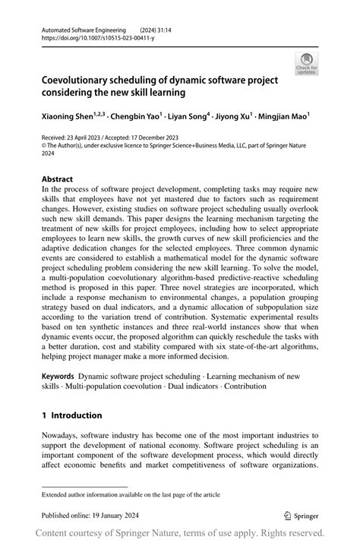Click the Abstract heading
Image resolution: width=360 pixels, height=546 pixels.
click(57, 180)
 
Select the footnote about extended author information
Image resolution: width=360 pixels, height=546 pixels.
click(131, 494)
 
